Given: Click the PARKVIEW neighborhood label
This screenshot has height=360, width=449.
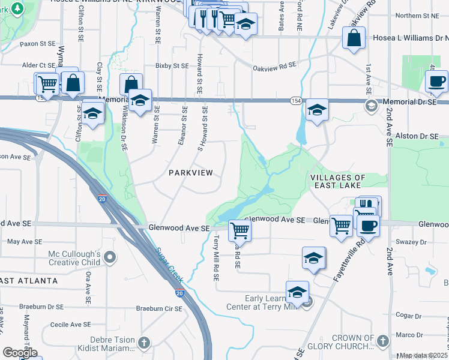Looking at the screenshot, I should [190, 173].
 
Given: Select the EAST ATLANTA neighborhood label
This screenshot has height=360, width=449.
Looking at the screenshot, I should [29, 281].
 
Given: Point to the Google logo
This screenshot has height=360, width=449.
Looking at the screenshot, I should [20, 353].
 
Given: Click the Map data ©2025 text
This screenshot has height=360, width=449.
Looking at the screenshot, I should [423, 355].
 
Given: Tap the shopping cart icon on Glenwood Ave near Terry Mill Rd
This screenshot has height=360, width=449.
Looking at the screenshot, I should [240, 229].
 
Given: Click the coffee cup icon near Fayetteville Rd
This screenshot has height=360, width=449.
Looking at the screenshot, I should [368, 226].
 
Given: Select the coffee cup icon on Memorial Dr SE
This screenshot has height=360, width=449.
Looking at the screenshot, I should [436, 80].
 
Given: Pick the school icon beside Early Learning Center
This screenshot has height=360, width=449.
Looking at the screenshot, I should [297, 292].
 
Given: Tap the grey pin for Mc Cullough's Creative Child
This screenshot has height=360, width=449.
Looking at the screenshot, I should [110, 257].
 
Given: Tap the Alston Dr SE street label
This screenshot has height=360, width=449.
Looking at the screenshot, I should [422, 137].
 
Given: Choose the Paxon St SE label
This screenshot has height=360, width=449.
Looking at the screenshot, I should [37, 44].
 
